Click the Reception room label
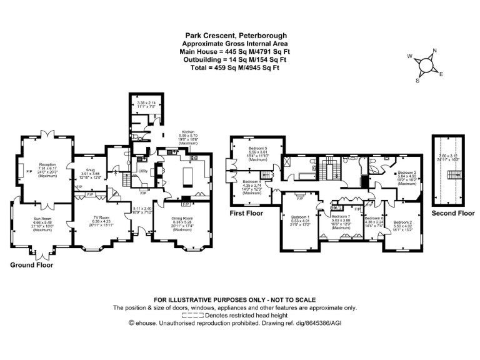pos(47,165)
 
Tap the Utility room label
pos(142,171)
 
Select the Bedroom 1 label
pos(300,217)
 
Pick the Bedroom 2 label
pos(402,222)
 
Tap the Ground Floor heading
pos(31,265)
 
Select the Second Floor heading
pos(453,213)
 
